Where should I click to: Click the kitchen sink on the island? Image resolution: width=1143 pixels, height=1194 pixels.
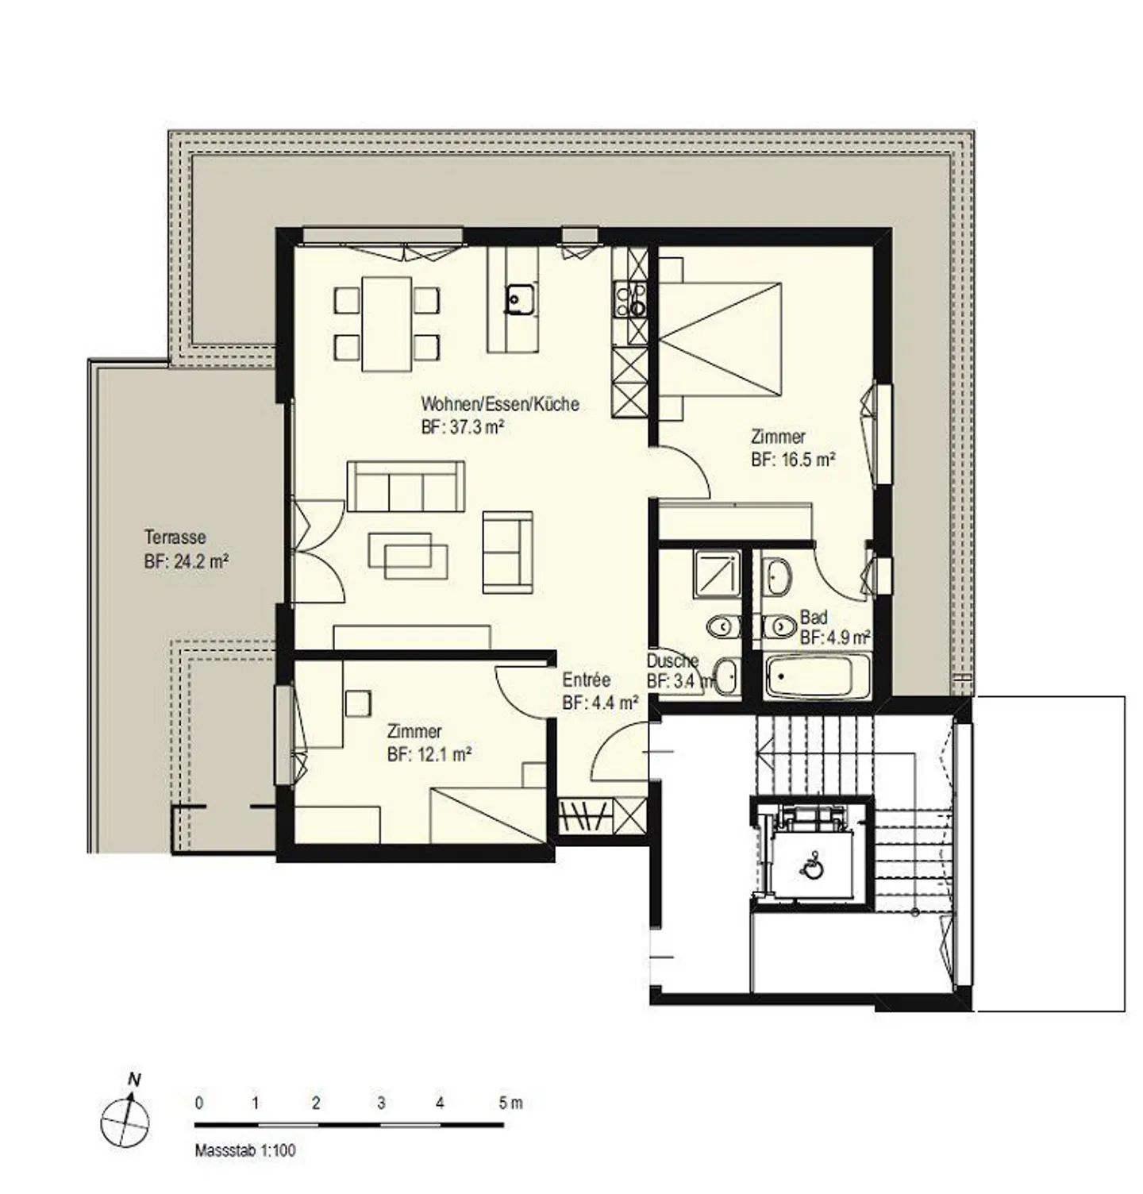pyautogui.click(x=521, y=299)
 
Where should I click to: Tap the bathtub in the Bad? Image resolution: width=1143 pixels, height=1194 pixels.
pyautogui.click(x=817, y=676)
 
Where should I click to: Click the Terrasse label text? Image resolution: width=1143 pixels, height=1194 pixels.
pyautogui.click(x=175, y=537)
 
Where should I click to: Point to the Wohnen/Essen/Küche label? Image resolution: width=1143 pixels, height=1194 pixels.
pyautogui.click(x=500, y=404)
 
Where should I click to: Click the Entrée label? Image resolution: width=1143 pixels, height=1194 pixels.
pyautogui.click(x=586, y=680)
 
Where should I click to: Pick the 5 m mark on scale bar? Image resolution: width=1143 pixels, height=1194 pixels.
pyautogui.click(x=510, y=1103)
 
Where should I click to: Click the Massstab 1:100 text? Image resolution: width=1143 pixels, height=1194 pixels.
pyautogui.click(x=245, y=1150)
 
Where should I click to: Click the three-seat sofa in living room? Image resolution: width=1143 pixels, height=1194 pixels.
pyautogui.click(x=406, y=486)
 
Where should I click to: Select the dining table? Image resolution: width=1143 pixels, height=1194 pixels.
pyautogui.click(x=387, y=324)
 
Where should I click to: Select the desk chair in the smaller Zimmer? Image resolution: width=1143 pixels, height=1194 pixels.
pyautogui.click(x=358, y=703)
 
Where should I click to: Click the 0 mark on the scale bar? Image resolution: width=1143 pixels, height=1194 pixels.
pyautogui.click(x=198, y=1103)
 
